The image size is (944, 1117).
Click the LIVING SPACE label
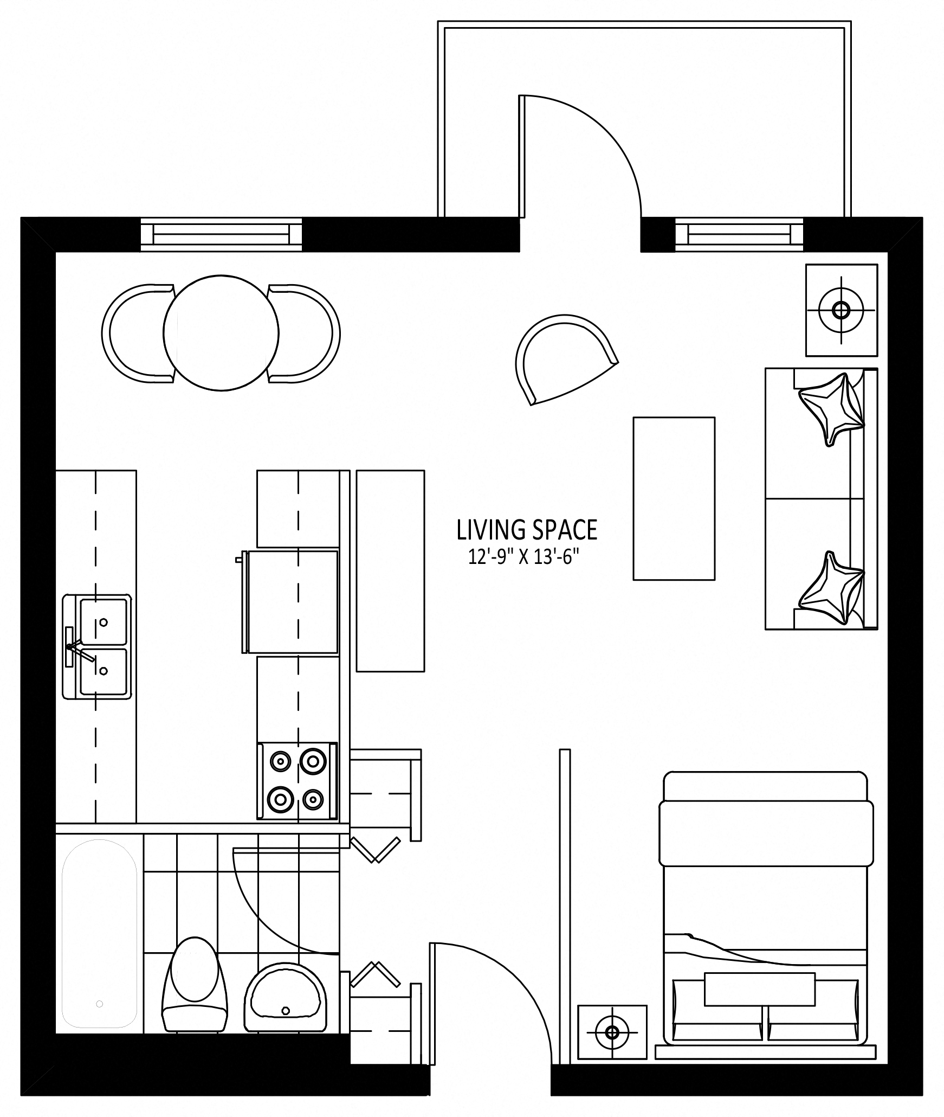(527, 530)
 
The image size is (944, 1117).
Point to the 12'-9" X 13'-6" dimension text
(520, 557)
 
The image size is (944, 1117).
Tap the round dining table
(221, 332)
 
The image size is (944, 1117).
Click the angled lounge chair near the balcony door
(564, 358)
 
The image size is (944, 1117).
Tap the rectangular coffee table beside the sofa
(674, 498)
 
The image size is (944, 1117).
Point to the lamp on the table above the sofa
(840, 311)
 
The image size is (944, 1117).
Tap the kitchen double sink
(97, 646)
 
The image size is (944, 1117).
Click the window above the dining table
(221, 234)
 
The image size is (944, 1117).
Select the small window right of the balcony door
(739, 235)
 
